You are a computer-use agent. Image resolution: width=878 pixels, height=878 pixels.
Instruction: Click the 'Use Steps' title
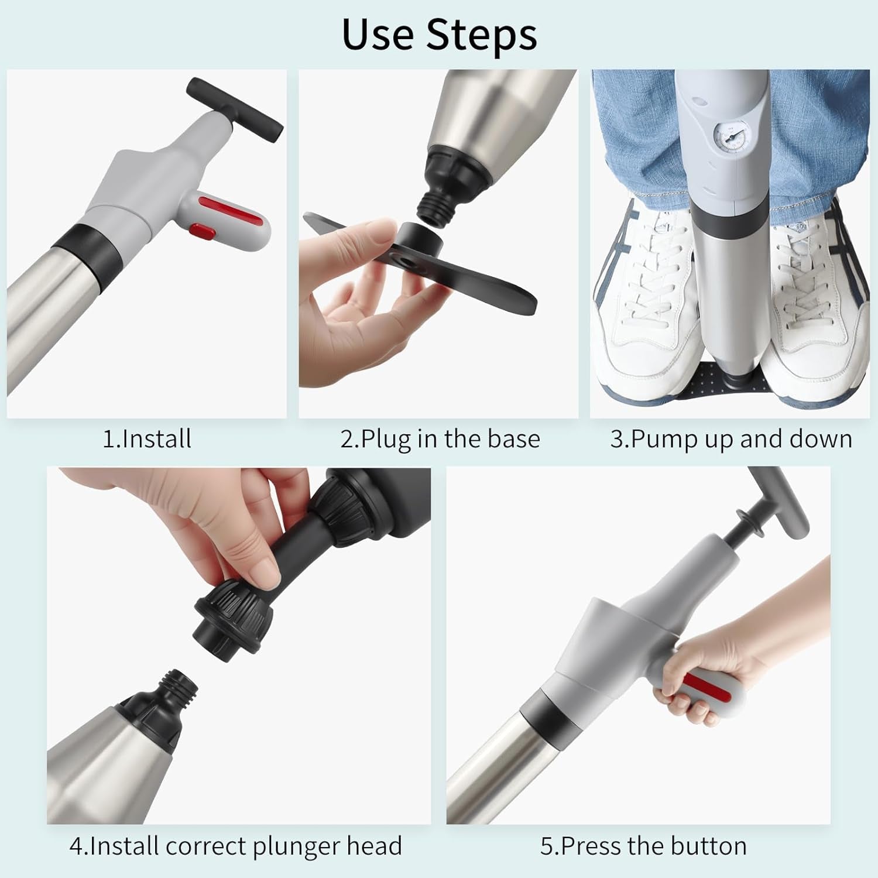pos(439,35)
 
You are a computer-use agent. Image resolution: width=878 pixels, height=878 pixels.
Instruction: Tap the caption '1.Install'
pos(147,439)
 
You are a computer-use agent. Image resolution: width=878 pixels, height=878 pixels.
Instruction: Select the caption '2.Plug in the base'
pos(440,440)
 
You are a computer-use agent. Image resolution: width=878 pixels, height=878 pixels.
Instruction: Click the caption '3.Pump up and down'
pos(731,440)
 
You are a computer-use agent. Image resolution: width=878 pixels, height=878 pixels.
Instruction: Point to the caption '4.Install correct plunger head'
pos(236,846)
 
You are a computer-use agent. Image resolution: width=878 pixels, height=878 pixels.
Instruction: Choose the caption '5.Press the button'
pos(643,846)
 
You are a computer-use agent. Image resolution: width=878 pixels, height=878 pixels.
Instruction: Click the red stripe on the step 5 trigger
pos(708,687)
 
